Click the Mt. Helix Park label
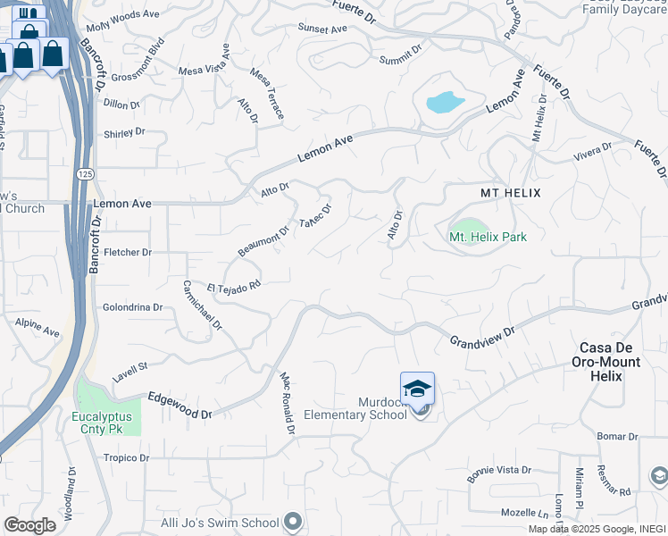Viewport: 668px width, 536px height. pyautogui.click(x=488, y=237)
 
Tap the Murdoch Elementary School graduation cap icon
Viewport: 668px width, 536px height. pyautogui.click(x=417, y=389)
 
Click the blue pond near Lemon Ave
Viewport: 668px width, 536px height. pyautogui.click(x=444, y=102)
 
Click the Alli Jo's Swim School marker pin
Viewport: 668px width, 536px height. pyautogui.click(x=293, y=523)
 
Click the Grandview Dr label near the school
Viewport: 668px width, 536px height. pyautogui.click(x=482, y=337)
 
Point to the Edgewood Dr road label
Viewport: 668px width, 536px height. pyautogui.click(x=180, y=406)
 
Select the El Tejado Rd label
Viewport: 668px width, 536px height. pyautogui.click(x=233, y=288)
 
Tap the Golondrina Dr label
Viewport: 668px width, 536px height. pyautogui.click(x=133, y=307)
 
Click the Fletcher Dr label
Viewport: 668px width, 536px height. pyautogui.click(x=127, y=253)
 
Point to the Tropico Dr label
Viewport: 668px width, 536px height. pyautogui.click(x=124, y=457)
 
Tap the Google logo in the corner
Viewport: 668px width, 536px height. pyautogui.click(x=29, y=525)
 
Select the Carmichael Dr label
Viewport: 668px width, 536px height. pyautogui.click(x=202, y=305)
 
